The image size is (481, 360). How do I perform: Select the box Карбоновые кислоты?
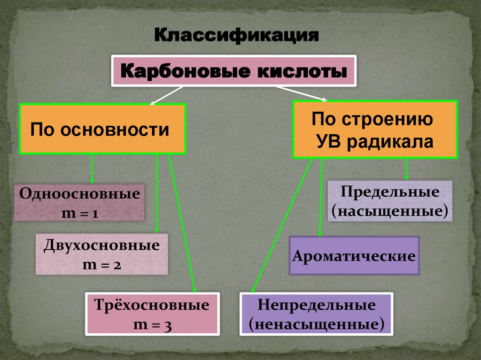point(233,71)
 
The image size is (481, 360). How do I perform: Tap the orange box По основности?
point(102,129)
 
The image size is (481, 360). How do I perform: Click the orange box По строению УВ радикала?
point(375,130)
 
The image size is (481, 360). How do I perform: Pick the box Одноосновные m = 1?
point(79,203)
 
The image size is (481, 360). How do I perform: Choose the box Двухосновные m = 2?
point(101,254)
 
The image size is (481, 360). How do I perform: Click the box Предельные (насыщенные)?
point(389,200)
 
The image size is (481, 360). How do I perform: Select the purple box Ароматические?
point(354,256)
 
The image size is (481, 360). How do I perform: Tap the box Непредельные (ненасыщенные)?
point(316,314)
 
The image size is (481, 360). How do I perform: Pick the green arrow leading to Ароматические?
point(321,197)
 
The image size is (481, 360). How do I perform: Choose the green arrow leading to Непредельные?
point(282,225)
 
